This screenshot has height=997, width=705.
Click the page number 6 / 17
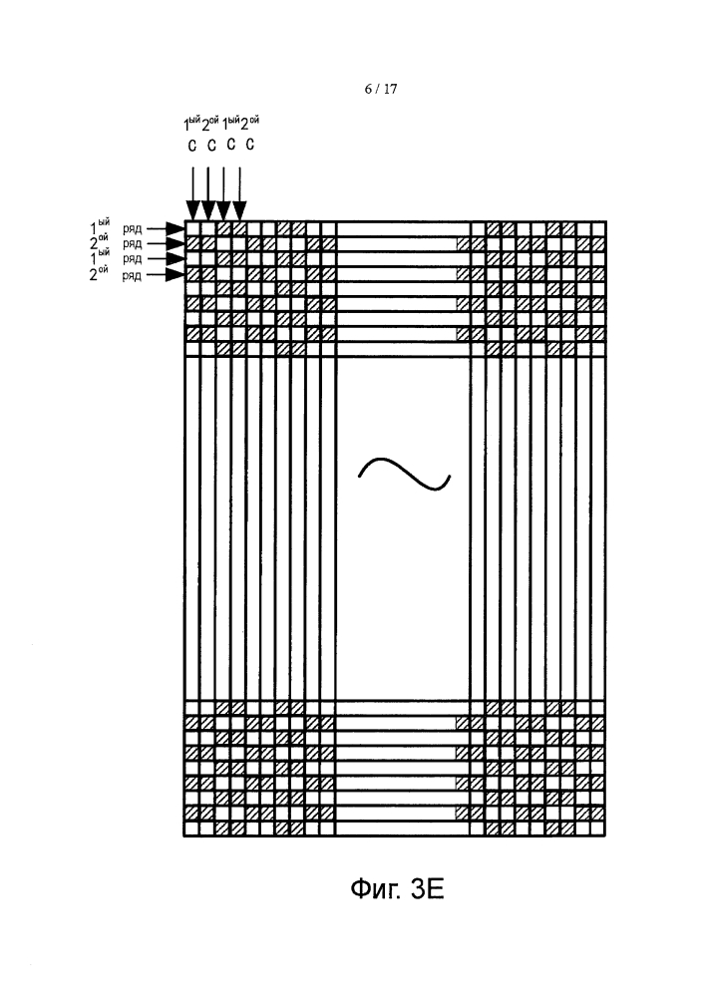pyautogui.click(x=381, y=89)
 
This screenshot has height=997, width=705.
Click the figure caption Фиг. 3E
pyautogui.click(x=397, y=889)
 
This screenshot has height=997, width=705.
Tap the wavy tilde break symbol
pyautogui.click(x=404, y=474)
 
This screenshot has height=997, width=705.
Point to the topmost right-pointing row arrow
pyautogui.click(x=165, y=228)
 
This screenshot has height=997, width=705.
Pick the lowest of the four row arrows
pyautogui.click(x=165, y=275)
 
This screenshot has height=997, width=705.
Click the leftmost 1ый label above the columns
pyautogui.click(x=192, y=123)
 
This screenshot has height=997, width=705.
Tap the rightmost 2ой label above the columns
pyautogui.click(x=250, y=123)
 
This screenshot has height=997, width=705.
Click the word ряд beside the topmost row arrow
pyautogui.click(x=133, y=229)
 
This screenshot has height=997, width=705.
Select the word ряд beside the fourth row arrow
pyautogui.click(x=133, y=276)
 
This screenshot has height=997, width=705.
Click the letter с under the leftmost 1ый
pyautogui.click(x=192, y=146)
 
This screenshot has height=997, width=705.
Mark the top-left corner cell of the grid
pyautogui.click(x=192, y=229)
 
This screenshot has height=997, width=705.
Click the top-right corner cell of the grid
pyautogui.click(x=597, y=229)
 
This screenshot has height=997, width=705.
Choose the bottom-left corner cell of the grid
pyautogui.click(x=192, y=829)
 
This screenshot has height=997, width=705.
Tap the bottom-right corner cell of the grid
pyautogui.click(x=597, y=829)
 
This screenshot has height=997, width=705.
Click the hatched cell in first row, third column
pyautogui.click(x=223, y=229)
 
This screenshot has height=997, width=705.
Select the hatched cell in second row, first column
pyautogui.click(x=192, y=243)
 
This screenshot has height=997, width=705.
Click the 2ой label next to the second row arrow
pyautogui.click(x=99, y=241)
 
